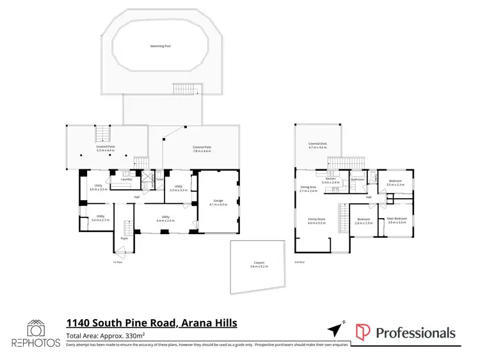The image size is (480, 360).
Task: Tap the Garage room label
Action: [219, 201]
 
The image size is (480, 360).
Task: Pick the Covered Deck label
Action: [317, 144]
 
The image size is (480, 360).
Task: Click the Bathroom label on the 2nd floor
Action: [358, 180]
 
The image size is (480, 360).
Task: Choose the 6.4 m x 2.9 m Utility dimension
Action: [165, 220]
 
